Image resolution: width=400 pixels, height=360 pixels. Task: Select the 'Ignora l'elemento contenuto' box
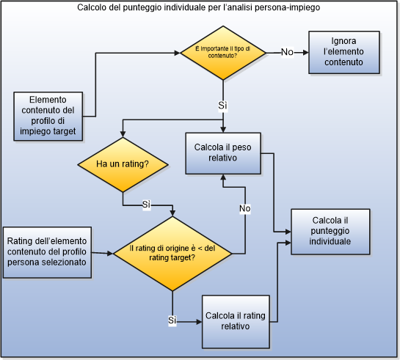(x=343, y=52)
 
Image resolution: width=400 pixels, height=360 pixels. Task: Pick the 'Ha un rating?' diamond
(x=123, y=164)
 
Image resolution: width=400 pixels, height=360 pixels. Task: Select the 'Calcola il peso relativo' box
(x=222, y=152)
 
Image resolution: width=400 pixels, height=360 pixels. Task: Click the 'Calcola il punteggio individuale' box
(x=330, y=231)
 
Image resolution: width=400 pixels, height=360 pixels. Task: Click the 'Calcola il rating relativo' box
(x=236, y=321)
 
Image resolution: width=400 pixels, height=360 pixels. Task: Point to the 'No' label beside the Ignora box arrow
(x=287, y=52)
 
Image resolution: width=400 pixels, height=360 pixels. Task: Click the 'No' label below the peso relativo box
(x=244, y=210)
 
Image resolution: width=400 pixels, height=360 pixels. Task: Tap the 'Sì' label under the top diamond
(x=222, y=106)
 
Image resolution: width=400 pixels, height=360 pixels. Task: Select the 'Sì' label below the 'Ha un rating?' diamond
(x=146, y=203)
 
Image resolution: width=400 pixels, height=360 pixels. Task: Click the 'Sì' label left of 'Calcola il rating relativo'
(x=173, y=320)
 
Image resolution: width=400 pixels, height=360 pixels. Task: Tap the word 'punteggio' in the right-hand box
(x=330, y=231)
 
